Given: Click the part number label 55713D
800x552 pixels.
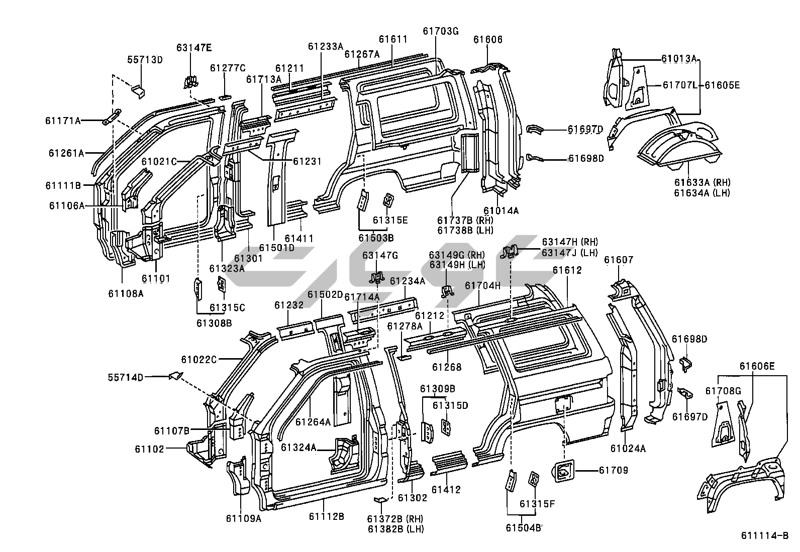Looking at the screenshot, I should point(145,60).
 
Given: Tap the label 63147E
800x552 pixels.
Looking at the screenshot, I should point(193,48).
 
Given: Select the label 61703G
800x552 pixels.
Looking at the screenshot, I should point(441,31).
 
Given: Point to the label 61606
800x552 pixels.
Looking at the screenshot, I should point(487,40).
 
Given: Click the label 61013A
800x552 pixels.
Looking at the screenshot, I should point(678,59).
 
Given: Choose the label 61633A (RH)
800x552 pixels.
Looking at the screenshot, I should point(702,182).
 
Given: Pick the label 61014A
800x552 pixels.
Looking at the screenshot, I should point(501,210).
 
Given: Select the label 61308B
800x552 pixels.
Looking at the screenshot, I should point(214,323).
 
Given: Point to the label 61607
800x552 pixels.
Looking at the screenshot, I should point(619,260).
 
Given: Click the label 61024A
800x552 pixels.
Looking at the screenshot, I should point(628,449).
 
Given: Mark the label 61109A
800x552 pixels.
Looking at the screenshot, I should point(243,519).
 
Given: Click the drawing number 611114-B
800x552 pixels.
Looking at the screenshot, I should point(764,536).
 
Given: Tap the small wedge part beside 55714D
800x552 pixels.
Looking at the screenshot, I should point(175,375).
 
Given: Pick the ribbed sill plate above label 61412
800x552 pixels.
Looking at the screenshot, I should point(451,462).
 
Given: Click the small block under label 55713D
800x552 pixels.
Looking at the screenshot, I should point(138,90).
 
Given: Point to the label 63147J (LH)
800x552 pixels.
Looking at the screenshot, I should point(569,253).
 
